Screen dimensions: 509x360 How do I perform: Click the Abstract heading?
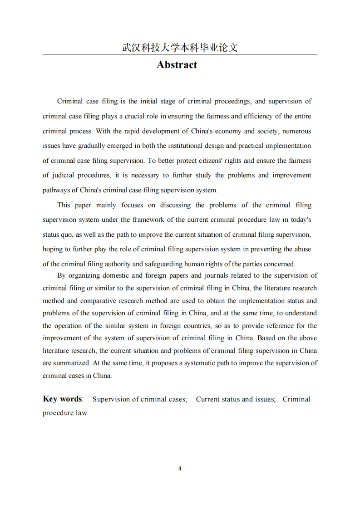(x=177, y=65)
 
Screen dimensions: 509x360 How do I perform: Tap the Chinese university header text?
(x=180, y=48)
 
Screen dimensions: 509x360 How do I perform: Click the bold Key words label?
(x=62, y=399)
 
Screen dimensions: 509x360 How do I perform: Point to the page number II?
(x=180, y=469)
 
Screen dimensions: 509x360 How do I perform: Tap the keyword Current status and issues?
(x=236, y=399)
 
